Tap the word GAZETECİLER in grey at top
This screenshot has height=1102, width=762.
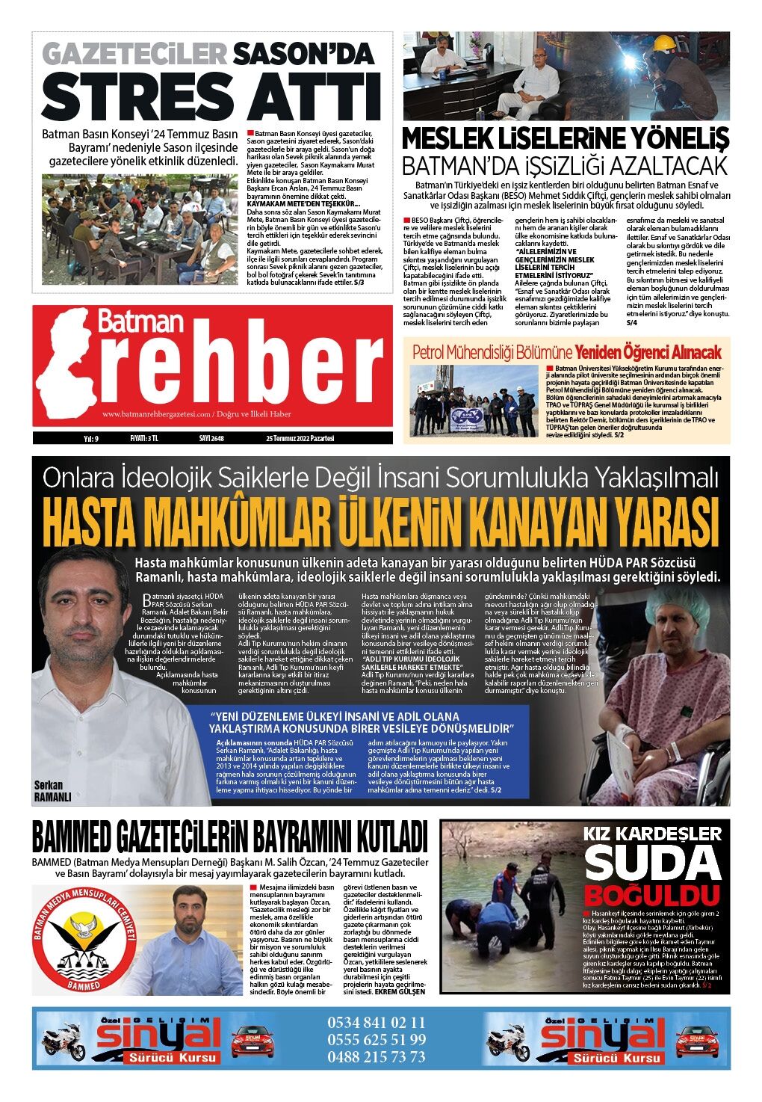click(134, 53)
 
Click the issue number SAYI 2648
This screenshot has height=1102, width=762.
click(211, 438)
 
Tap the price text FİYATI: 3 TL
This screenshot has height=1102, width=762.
click(143, 438)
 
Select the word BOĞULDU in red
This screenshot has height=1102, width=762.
click(651, 895)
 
